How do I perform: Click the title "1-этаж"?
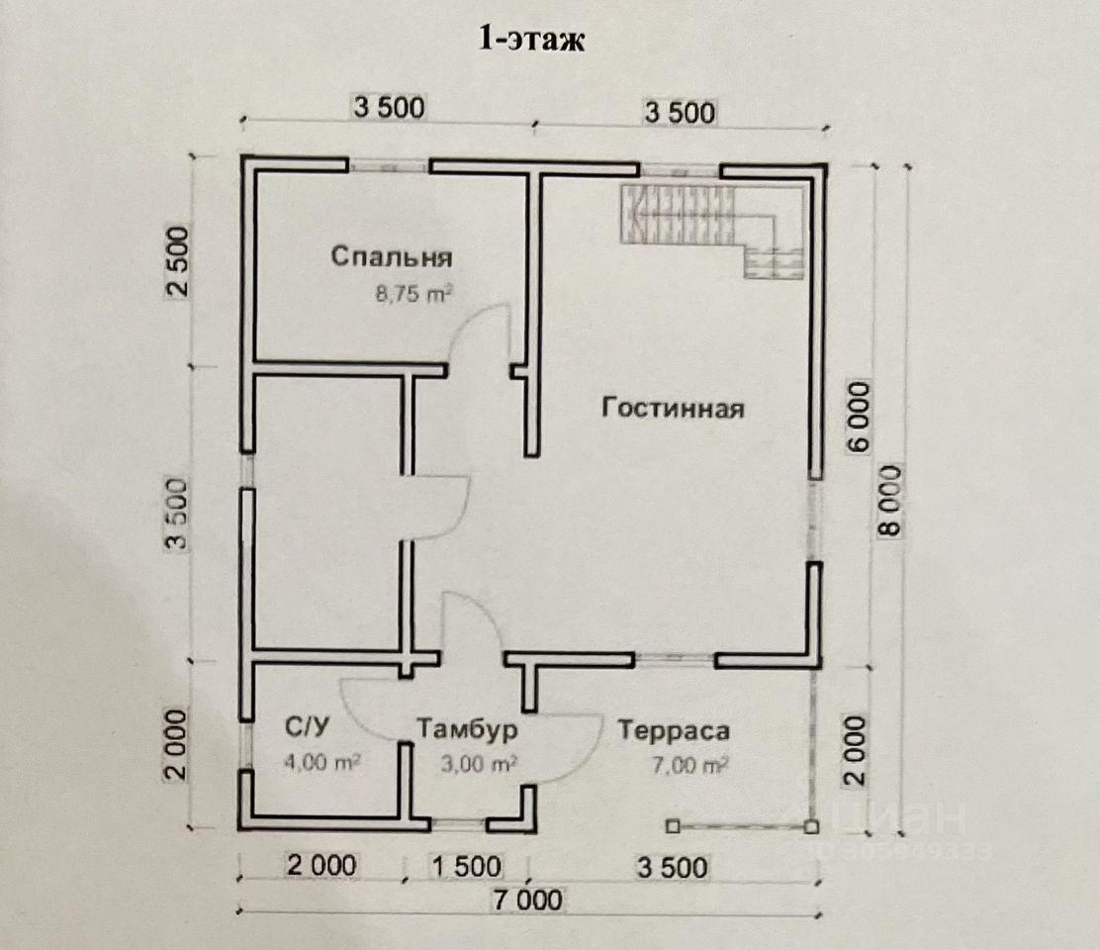[x=531, y=39]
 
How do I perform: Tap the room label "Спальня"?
[x=392, y=256]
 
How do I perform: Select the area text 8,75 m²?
[x=413, y=293]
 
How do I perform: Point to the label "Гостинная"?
[x=673, y=408]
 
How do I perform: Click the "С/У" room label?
[x=307, y=727]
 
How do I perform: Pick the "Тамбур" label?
[x=467, y=729]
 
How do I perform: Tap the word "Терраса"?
[x=674, y=731]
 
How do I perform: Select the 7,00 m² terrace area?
[x=690, y=764]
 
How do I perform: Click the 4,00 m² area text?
[x=322, y=761]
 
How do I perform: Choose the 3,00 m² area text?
[x=480, y=763]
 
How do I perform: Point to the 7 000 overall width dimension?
[x=527, y=901]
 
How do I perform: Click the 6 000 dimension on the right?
[x=859, y=417]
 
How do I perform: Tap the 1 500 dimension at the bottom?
[x=467, y=867]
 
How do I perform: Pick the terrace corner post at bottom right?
[x=811, y=827]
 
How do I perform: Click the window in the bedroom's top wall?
[x=390, y=167]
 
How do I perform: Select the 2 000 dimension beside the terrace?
[x=856, y=751]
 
